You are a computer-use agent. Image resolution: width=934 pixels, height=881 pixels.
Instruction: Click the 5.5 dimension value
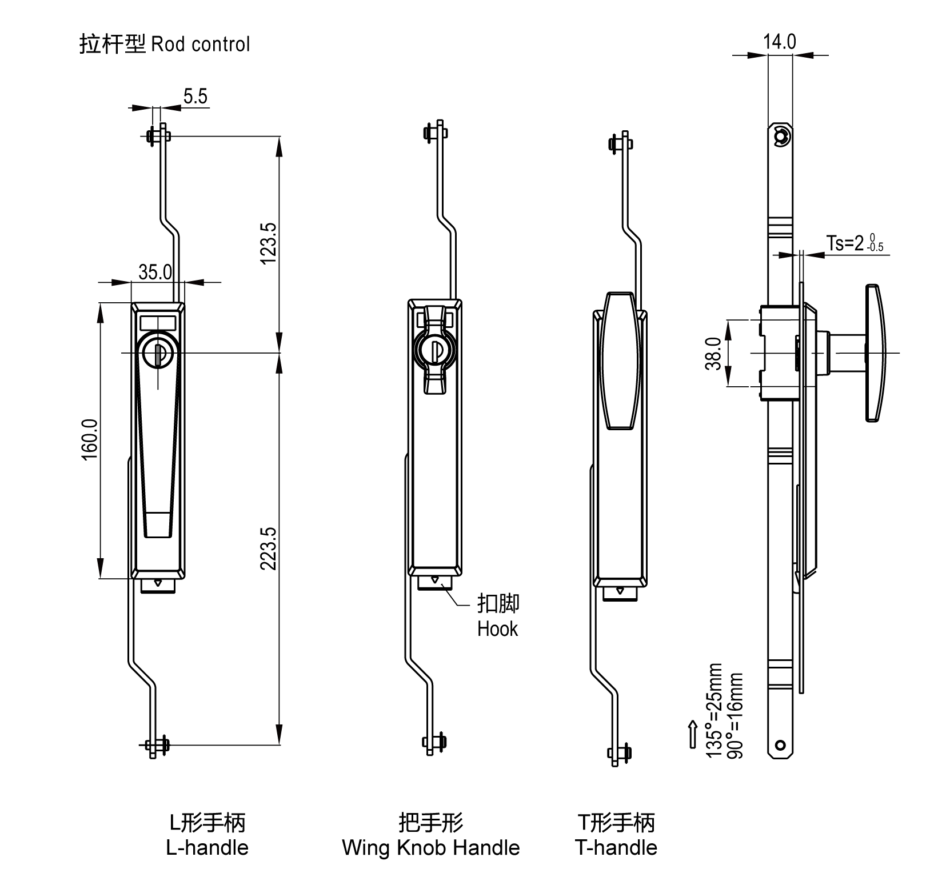tap(195, 97)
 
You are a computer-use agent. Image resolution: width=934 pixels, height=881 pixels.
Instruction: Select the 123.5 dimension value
tap(268, 243)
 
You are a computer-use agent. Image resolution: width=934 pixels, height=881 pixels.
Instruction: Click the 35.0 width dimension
tap(155, 273)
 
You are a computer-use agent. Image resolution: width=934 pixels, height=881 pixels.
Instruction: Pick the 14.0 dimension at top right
tap(779, 42)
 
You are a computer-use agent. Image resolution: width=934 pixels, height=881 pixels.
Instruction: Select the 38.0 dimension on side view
tap(713, 353)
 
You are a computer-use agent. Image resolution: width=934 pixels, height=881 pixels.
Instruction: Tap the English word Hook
tap(497, 629)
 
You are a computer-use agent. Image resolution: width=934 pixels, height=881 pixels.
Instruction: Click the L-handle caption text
tap(207, 847)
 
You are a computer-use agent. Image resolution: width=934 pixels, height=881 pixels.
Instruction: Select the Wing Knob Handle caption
tap(431, 847)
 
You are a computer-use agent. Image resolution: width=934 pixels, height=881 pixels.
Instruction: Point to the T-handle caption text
tap(616, 847)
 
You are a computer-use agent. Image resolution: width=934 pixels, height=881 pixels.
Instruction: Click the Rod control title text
tap(201, 45)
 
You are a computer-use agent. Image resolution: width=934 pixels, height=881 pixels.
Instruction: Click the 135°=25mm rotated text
tap(714, 710)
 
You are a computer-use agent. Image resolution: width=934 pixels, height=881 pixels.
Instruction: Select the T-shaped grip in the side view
tap(874, 353)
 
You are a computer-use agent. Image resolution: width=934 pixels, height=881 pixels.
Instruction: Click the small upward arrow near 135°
tap(693, 733)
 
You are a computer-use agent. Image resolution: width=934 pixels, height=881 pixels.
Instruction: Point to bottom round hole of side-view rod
tap(780, 745)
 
